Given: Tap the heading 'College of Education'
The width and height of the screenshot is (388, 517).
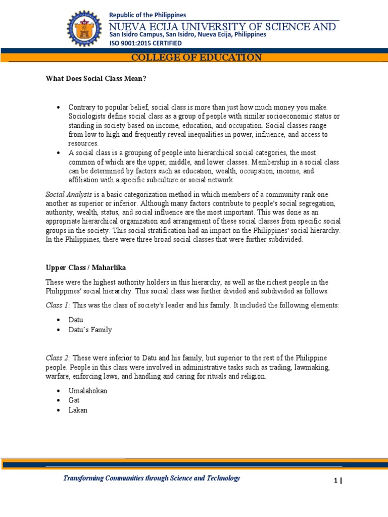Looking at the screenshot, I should tap(197, 58).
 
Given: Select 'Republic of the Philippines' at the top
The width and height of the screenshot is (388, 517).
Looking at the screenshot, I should tap(148, 15).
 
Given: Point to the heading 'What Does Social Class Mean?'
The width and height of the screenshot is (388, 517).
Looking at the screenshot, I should tap(96, 78).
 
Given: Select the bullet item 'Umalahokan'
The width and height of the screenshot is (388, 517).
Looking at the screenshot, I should tap(88, 391).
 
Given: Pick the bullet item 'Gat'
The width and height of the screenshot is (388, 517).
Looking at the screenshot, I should tap(74, 400).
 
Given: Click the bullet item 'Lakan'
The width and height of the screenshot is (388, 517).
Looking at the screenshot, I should tap(78, 410).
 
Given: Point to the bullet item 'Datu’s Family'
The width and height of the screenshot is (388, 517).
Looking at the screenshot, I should tap(90, 330).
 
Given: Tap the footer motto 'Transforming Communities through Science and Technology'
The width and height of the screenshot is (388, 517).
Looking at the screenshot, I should tap(152, 478).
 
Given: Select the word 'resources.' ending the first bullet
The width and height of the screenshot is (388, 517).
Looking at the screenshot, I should tap(84, 143).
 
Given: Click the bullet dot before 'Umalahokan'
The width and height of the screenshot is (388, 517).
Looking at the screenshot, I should tap(59, 391).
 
